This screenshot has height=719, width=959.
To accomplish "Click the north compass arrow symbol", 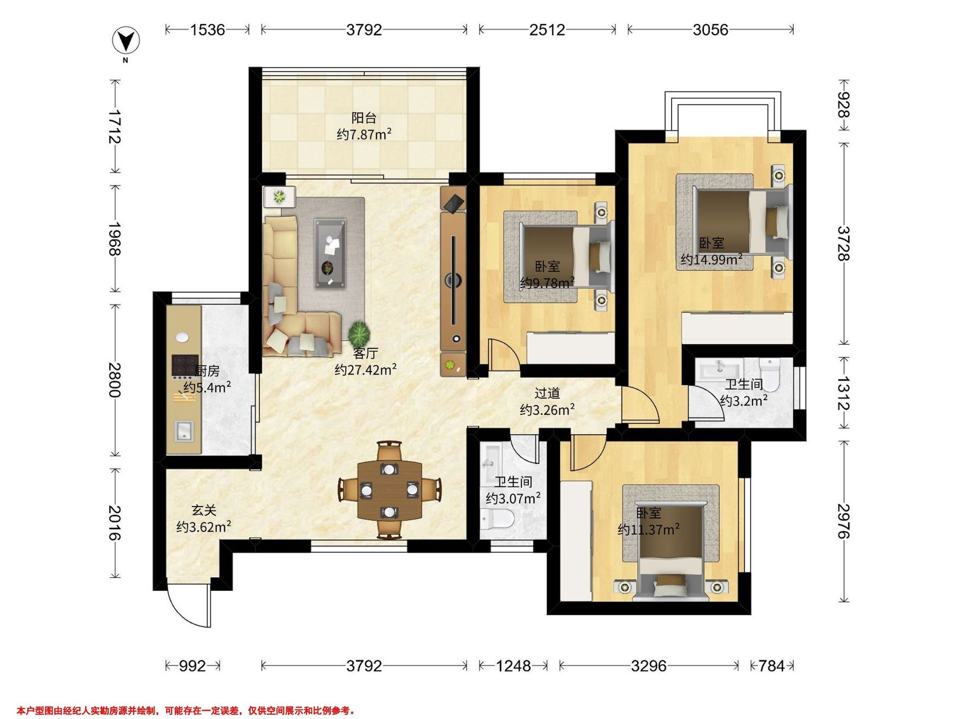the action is (x=126, y=41).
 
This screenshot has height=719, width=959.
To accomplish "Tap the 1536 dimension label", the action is (x=208, y=30).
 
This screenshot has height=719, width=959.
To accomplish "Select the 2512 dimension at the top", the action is (x=547, y=30).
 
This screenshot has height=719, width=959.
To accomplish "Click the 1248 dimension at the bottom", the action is (x=513, y=665).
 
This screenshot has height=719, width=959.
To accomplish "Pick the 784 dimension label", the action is (x=772, y=665).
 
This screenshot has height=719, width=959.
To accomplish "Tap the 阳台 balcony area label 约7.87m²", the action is (x=364, y=134).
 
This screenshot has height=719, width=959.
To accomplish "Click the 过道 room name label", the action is (x=547, y=393).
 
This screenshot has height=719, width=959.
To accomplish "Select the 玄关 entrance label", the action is (x=204, y=510).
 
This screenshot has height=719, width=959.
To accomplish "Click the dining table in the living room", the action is (x=390, y=490).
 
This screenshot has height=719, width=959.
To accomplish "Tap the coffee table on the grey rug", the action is (x=330, y=254).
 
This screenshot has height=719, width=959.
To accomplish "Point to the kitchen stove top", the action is (x=185, y=367).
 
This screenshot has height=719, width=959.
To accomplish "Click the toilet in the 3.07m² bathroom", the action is (x=497, y=518).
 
